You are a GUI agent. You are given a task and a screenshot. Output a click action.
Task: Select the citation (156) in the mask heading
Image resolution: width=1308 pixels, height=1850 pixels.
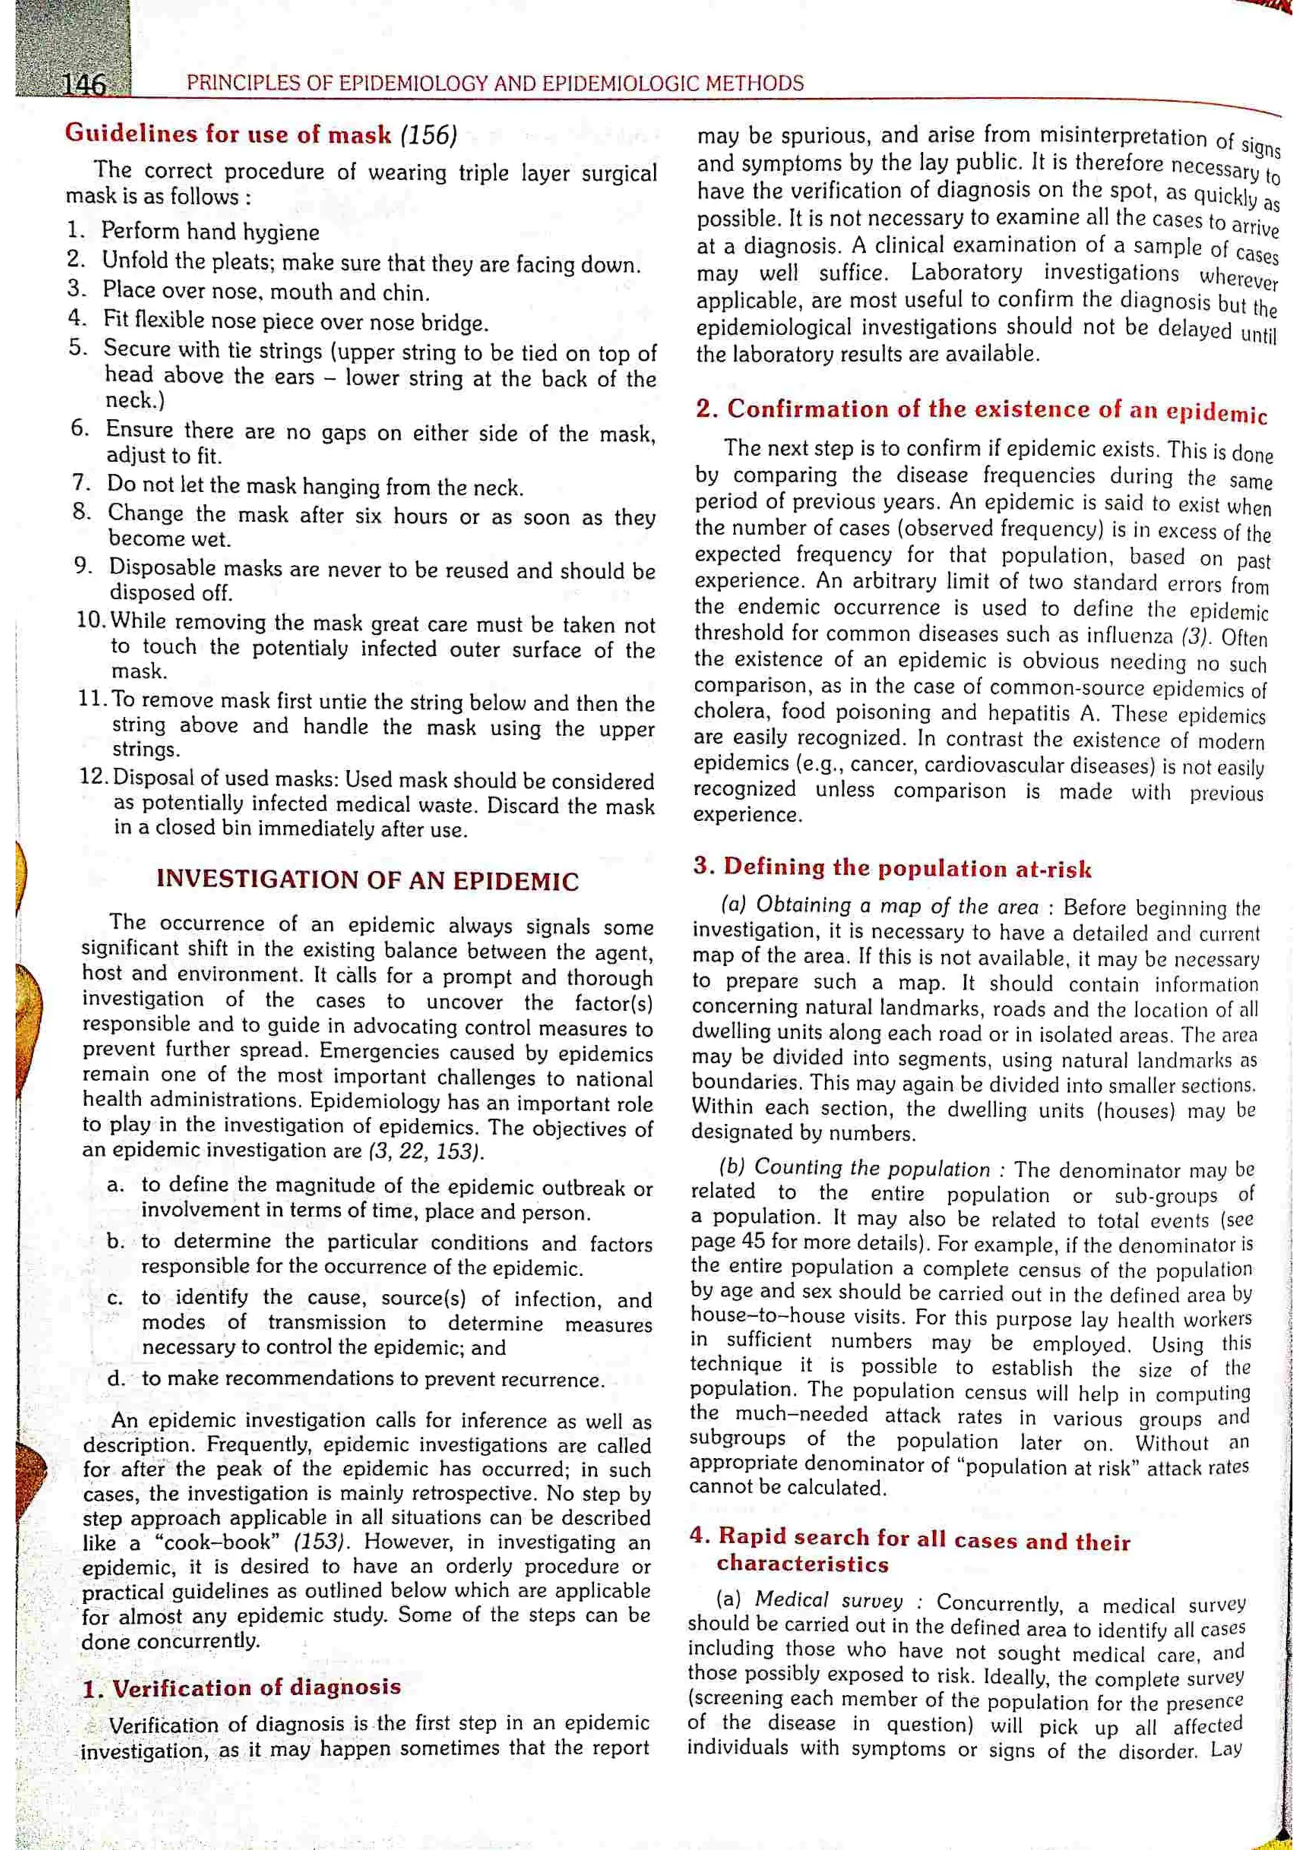(x=428, y=135)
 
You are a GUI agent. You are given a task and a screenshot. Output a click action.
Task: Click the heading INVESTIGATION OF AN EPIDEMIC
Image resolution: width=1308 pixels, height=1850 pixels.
(x=367, y=880)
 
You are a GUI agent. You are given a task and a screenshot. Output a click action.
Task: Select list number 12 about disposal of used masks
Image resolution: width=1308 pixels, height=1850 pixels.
(x=95, y=777)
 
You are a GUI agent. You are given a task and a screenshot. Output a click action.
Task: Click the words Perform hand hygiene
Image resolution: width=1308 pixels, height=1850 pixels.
(x=210, y=233)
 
